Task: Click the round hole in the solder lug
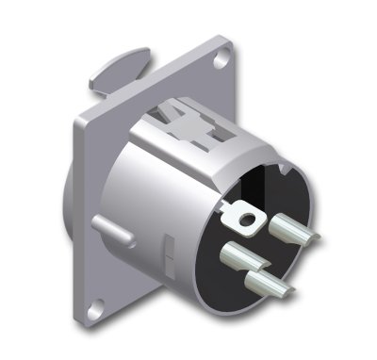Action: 248,221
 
